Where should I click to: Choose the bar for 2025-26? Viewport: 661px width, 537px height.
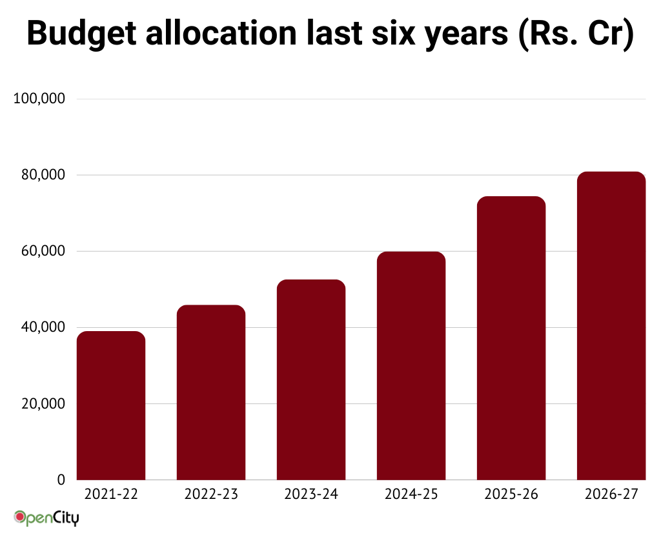click(x=511, y=338)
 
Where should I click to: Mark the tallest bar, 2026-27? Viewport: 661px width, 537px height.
click(x=611, y=326)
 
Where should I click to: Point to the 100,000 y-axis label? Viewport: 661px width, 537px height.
click(x=40, y=99)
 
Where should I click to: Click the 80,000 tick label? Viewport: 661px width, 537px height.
click(x=43, y=175)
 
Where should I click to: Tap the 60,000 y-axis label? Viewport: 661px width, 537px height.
click(x=43, y=251)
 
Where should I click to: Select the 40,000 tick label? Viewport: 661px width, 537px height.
click(x=43, y=327)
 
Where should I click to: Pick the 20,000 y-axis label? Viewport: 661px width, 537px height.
click(x=43, y=403)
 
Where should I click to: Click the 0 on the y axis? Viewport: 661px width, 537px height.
click(x=61, y=480)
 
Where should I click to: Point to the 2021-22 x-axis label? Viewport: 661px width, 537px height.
click(x=111, y=495)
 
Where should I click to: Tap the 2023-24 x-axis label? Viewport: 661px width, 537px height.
click(x=311, y=495)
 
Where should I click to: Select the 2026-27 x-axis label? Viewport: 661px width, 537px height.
click(x=611, y=495)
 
